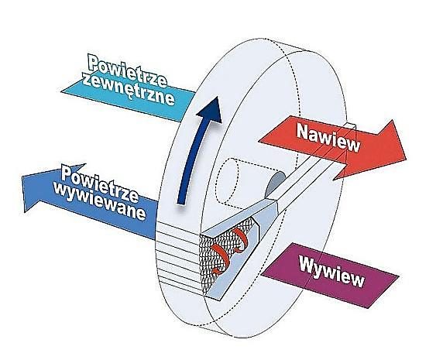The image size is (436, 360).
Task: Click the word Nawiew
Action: [328, 137]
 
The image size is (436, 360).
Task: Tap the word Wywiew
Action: [331, 271]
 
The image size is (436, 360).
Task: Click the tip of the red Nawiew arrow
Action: [406, 159]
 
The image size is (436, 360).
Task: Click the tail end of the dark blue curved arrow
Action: [181, 204]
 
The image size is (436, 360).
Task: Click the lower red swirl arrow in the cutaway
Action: [220, 259]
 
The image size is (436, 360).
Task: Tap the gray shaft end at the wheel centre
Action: [275, 183]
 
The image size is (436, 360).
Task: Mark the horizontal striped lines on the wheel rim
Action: [178, 255]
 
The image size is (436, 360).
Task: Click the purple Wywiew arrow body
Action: [331, 275]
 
